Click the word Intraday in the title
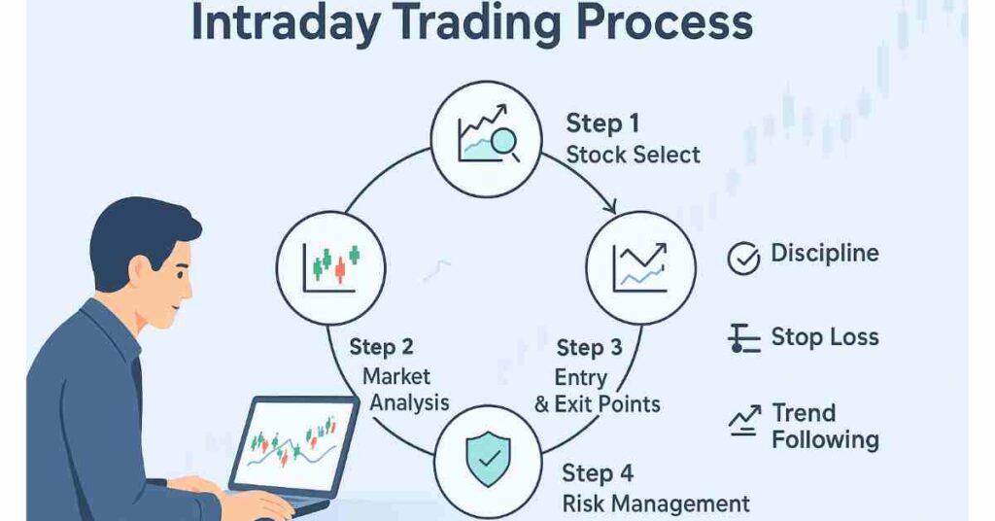(x=286, y=23)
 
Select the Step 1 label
(x=602, y=123)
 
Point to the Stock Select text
(x=633, y=155)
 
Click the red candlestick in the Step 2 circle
(x=340, y=269)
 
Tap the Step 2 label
(x=381, y=347)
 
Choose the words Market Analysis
(x=405, y=390)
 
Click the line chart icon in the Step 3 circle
(x=640, y=267)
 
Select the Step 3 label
(x=590, y=348)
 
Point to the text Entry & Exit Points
(x=598, y=391)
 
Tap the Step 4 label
(x=598, y=473)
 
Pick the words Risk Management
(x=656, y=504)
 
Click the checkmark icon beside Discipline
(x=743, y=259)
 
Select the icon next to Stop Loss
(x=743, y=338)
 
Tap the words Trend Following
(x=825, y=427)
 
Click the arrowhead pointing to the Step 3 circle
(x=610, y=206)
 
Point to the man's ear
(x=138, y=269)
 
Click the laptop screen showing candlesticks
(x=293, y=444)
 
